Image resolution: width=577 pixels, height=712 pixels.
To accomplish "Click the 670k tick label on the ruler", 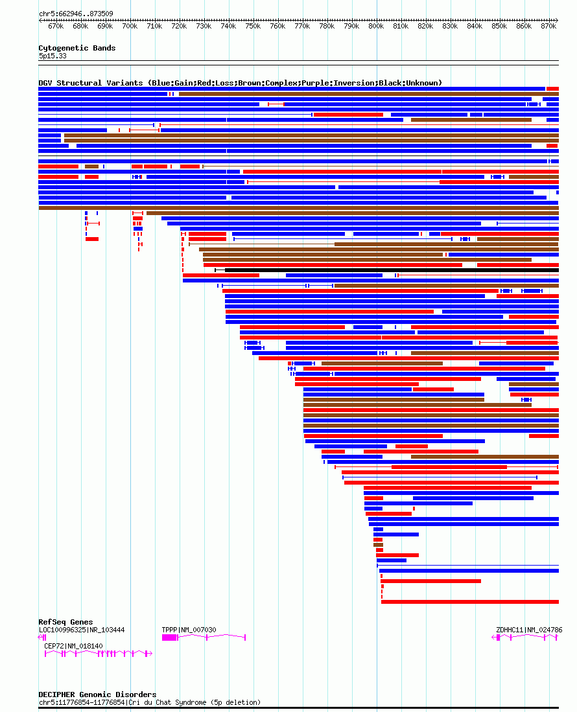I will tap(56, 27).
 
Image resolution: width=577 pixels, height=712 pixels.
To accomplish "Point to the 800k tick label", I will tap(376, 27).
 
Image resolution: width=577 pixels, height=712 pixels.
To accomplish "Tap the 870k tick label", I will tap(548, 27).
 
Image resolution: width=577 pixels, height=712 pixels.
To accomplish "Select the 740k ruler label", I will tap(228, 27).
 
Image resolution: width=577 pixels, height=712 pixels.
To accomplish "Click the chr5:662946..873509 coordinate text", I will tap(76, 14).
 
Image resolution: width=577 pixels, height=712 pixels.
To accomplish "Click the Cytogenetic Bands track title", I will tap(77, 48).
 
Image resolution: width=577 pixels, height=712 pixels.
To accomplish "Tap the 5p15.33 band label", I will tap(53, 56).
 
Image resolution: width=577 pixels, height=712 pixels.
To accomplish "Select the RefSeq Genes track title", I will tap(65, 622).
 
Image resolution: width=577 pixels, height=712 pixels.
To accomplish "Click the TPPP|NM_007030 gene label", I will tap(189, 630).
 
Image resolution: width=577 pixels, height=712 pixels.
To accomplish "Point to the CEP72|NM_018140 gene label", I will tap(73, 646).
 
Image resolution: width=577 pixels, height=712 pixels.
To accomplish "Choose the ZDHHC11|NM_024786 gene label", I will tap(529, 630).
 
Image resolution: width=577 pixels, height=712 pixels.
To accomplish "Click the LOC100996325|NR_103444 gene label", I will tap(82, 630).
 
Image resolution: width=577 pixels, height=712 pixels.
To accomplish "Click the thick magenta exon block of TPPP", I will tap(169, 638).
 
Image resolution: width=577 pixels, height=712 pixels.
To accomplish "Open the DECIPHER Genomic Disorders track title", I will tap(97, 695).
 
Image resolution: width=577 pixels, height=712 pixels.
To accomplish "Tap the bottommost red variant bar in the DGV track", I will tap(469, 602).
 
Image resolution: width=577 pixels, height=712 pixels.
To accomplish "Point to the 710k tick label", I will tap(154, 27).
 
